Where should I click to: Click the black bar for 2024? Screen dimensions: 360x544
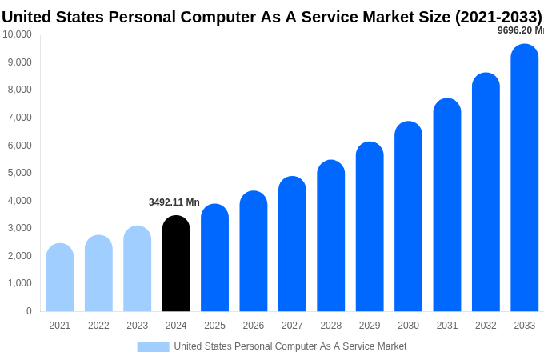tap(176, 263)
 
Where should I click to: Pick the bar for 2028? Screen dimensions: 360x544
tap(330, 235)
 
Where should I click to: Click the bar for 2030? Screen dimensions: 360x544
tap(408, 216)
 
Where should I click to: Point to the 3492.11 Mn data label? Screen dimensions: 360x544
tap(174, 202)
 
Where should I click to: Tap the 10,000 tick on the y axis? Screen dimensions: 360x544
tap(17, 34)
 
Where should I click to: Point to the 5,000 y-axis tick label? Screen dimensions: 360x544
tap(18, 173)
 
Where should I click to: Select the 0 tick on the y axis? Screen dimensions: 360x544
tap(29, 311)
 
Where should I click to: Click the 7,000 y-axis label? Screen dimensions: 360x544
tap(18, 118)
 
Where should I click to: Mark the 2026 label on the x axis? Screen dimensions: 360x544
tap(254, 326)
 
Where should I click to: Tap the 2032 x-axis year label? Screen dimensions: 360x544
tap(486, 326)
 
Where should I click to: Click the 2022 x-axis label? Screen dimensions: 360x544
tap(98, 326)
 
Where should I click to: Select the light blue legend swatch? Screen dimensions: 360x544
tap(153, 346)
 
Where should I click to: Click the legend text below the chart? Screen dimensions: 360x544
tap(290, 346)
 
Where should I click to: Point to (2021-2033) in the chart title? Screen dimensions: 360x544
tap(498, 17)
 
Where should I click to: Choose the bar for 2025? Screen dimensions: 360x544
tap(214, 258)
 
